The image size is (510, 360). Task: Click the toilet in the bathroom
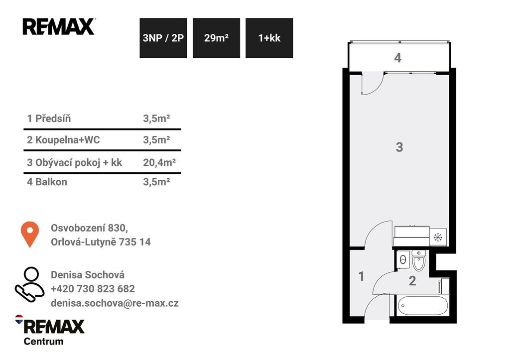pyautogui.click(x=418, y=260)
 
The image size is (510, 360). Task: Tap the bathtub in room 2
pyautogui.click(x=422, y=305)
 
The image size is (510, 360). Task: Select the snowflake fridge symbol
pyautogui.click(x=438, y=237)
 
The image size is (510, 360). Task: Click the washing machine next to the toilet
pyautogui.click(x=403, y=259)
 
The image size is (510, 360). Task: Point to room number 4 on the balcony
pyautogui.click(x=397, y=58)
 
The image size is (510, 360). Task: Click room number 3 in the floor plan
pyautogui.click(x=399, y=147)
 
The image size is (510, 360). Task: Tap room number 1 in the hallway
pyautogui.click(x=361, y=276)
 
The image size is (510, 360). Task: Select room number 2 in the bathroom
pyautogui.click(x=412, y=281)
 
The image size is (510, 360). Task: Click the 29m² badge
pyautogui.click(x=216, y=38)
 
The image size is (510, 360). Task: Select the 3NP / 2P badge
pyautogui.click(x=163, y=38)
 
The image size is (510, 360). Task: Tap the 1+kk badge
pyautogui.click(x=269, y=38)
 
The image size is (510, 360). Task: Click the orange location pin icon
pyautogui.click(x=30, y=234)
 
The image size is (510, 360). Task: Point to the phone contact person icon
pyautogui.click(x=29, y=284)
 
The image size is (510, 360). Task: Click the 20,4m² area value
pyautogui.click(x=159, y=162)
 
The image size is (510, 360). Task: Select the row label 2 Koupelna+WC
pyautogui.click(x=63, y=140)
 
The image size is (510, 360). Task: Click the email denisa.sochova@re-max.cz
pyautogui.click(x=115, y=303)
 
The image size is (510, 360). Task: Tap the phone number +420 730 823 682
pyautogui.click(x=93, y=289)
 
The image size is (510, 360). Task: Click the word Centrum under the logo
pyautogui.click(x=44, y=342)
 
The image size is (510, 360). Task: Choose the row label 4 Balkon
pyautogui.click(x=47, y=182)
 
